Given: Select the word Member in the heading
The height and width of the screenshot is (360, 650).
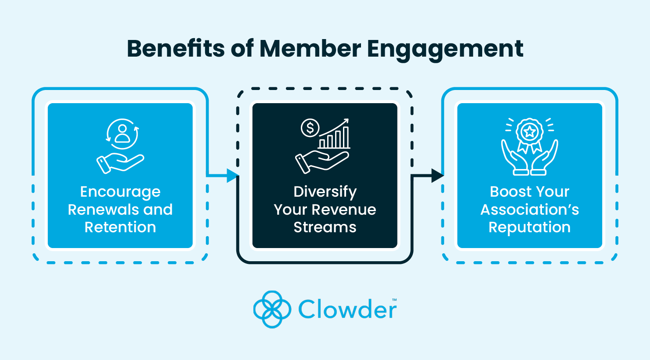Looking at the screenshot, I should pyautogui.click(x=310, y=48).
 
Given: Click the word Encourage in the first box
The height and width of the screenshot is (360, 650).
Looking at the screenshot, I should pyautogui.click(x=120, y=192).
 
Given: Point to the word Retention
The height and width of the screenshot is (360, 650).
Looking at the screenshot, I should pyautogui.click(x=120, y=227).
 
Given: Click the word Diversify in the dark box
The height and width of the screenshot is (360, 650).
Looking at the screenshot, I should pyautogui.click(x=325, y=192).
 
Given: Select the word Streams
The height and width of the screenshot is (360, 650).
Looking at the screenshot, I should pyautogui.click(x=325, y=227).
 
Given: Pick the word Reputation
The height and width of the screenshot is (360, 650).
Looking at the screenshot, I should pyautogui.click(x=529, y=228).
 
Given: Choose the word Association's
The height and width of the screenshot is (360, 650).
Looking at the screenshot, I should pyautogui.click(x=529, y=210).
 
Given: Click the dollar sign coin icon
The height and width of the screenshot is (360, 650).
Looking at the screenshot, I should pyautogui.click(x=310, y=128).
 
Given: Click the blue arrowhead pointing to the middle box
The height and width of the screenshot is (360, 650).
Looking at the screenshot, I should pyautogui.click(x=231, y=176).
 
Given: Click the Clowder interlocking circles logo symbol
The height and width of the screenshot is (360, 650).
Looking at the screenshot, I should pyautogui.click(x=272, y=309).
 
